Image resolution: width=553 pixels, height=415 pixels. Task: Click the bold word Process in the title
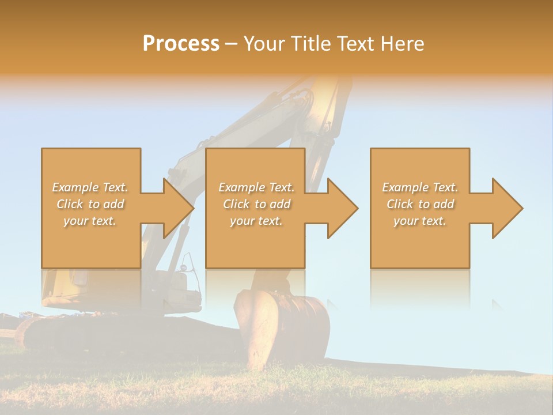click(181, 43)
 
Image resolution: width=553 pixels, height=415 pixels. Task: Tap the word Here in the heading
click(403, 43)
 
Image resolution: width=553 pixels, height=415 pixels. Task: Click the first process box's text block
click(90, 204)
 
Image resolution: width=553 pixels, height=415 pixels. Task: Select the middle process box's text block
click(256, 204)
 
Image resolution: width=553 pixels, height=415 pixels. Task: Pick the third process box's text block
click(420, 204)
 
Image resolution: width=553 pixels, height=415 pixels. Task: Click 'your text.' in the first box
click(90, 221)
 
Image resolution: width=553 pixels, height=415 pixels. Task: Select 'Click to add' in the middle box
click(256, 204)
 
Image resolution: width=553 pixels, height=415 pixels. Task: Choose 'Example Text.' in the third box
click(420, 187)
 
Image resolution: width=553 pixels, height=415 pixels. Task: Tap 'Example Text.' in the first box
click(90, 187)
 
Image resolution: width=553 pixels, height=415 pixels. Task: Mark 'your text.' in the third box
click(420, 221)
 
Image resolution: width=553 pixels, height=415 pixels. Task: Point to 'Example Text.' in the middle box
click(256, 187)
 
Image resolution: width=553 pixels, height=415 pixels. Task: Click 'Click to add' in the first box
click(90, 204)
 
